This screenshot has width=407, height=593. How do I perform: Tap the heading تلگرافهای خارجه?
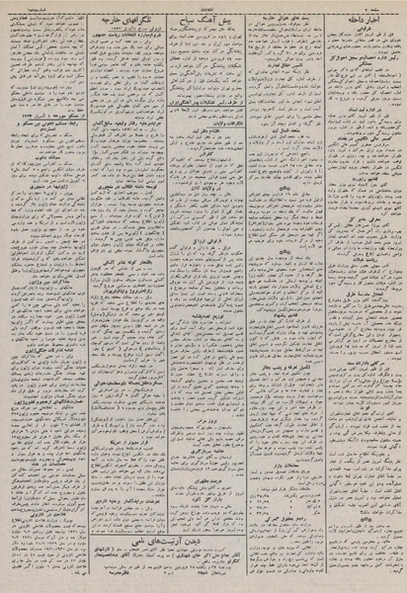tap(123, 20)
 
